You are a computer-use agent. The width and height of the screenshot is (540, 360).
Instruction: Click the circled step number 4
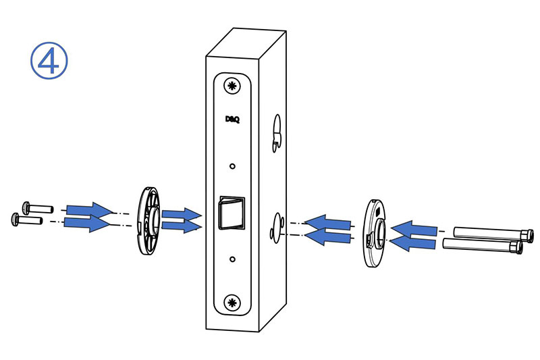pyautogui.click(x=49, y=61)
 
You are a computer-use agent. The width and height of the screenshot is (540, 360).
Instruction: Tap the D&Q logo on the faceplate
pyautogui.click(x=232, y=119)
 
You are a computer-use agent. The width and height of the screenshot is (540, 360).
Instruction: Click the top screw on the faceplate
pyautogui.click(x=232, y=86)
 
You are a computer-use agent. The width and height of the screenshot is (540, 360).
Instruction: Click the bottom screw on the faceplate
pyautogui.click(x=232, y=303)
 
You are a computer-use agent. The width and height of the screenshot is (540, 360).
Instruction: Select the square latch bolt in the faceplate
pyautogui.click(x=232, y=213)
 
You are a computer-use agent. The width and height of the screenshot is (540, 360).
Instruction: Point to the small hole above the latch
pyautogui.click(x=232, y=166)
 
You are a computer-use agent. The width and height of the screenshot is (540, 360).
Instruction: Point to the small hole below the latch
pyautogui.click(x=232, y=259)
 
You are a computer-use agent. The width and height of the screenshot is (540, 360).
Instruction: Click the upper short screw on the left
pyautogui.click(x=38, y=208)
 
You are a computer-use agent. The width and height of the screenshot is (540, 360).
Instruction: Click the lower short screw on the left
pyautogui.click(x=27, y=220)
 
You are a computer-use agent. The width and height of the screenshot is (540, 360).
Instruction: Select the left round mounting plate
pyautogui.click(x=147, y=220)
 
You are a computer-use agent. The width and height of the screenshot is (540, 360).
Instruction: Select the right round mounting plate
pyautogui.click(x=375, y=232)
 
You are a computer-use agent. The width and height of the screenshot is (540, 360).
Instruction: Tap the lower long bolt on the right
pyautogui.click(x=482, y=246)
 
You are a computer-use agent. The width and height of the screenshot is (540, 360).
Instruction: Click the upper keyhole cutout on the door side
pyautogui.click(x=277, y=133)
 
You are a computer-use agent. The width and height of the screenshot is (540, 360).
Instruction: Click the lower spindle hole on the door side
pyautogui.click(x=277, y=228)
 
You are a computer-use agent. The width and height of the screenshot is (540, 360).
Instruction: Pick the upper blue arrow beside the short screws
pyautogui.click(x=90, y=210)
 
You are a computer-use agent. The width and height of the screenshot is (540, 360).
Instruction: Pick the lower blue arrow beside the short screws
pyautogui.click(x=87, y=224)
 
